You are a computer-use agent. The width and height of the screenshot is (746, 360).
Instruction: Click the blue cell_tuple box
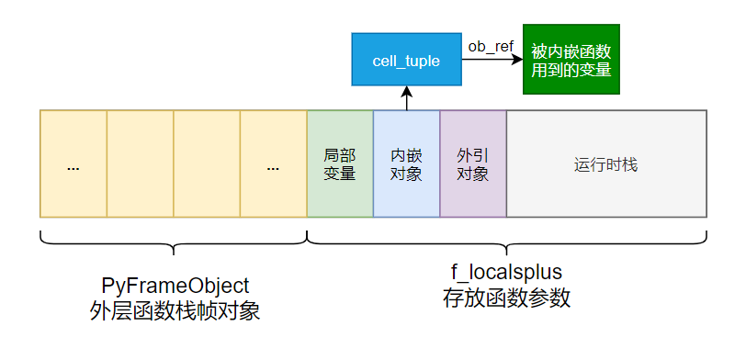click(x=405, y=61)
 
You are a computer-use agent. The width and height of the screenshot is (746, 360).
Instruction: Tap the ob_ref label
click(x=491, y=45)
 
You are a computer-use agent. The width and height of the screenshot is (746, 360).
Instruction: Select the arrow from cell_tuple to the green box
click(x=487, y=61)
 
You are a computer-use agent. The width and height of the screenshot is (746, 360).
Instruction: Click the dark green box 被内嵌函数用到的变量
click(x=571, y=60)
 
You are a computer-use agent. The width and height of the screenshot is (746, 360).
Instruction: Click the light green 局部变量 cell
click(x=340, y=163)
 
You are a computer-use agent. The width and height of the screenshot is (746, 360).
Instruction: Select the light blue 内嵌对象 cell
click(x=406, y=163)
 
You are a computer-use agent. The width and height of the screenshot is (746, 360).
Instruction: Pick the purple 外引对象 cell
click(x=472, y=163)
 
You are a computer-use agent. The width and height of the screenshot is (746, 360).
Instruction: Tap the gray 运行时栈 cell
click(x=606, y=165)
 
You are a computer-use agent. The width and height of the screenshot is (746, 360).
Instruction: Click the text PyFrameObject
click(x=174, y=286)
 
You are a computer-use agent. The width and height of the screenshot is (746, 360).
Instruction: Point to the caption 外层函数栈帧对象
click(x=174, y=311)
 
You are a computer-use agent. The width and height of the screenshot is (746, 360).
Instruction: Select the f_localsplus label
click(x=506, y=273)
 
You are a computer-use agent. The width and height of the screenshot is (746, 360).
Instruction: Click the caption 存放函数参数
click(x=506, y=298)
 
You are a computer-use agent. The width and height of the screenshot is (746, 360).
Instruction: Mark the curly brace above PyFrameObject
click(x=174, y=242)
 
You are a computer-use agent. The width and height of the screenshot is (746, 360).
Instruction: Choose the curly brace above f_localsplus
click(x=506, y=242)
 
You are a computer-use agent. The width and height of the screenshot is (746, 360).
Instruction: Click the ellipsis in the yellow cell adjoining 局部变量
click(x=274, y=168)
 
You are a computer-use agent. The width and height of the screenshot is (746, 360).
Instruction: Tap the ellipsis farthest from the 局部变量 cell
click(x=73, y=168)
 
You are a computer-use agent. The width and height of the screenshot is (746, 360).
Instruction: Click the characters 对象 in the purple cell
click(x=472, y=174)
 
